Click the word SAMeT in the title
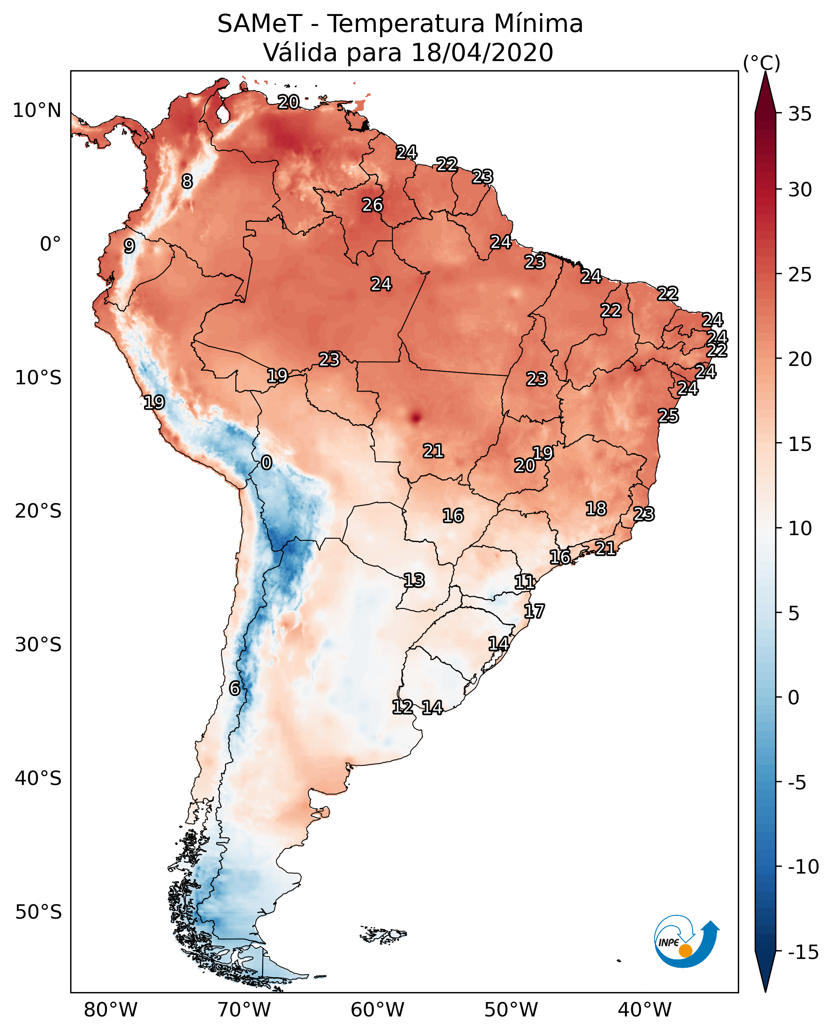click(x=259, y=24)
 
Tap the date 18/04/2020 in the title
click(x=482, y=53)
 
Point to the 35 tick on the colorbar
click(x=800, y=114)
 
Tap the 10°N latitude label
click(x=37, y=111)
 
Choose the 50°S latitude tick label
click(x=38, y=912)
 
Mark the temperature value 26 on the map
click(x=373, y=205)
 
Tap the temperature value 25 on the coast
click(x=668, y=416)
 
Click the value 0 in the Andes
click(x=266, y=463)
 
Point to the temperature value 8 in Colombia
click(x=187, y=181)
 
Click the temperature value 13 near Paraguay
click(x=414, y=581)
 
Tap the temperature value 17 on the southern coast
click(x=534, y=611)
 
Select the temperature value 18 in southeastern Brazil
click(x=596, y=509)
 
